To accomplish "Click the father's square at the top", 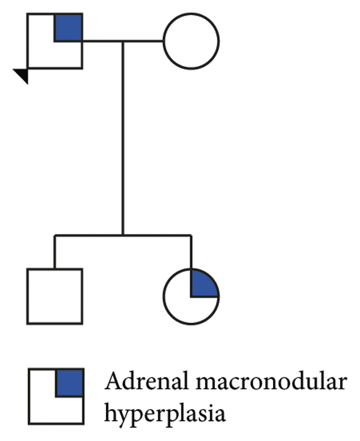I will (x=54, y=41).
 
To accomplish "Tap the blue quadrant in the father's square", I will (x=68, y=28).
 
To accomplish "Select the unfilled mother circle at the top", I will (x=191, y=41).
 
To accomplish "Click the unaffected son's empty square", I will (x=54, y=296).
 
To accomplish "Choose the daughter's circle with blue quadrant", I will (x=191, y=295).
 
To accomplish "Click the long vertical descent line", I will (x=123, y=138).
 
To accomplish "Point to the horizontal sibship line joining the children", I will (x=123, y=235).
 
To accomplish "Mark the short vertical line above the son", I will (x=55, y=251).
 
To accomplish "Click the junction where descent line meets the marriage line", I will (x=123, y=41).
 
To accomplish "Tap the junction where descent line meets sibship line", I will (x=123, y=235).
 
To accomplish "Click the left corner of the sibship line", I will (x=55, y=235).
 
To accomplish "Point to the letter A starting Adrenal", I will (x=112, y=382).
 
